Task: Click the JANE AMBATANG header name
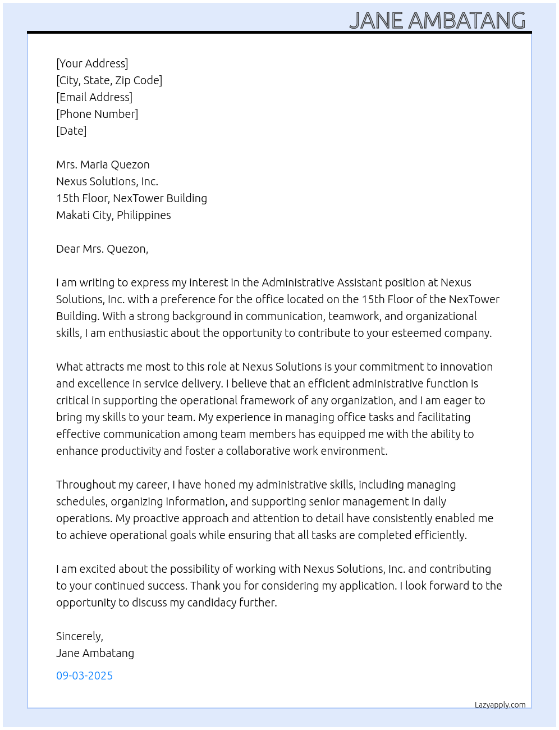[x=437, y=20]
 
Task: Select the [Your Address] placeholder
[x=92, y=63]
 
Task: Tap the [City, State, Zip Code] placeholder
[x=109, y=80]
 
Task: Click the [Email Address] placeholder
[x=94, y=97]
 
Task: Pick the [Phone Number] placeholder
[x=97, y=114]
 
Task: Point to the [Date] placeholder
[x=71, y=131]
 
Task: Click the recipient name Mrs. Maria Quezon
[x=103, y=165]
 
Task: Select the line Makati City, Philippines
[x=113, y=215]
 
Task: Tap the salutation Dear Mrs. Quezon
[x=102, y=249]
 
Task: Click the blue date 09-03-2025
[x=84, y=676]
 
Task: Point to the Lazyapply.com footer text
[x=500, y=705]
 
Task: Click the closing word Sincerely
[x=79, y=636]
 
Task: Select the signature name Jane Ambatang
[x=95, y=653]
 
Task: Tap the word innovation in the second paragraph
[x=466, y=367]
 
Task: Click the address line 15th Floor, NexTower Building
[x=131, y=198]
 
